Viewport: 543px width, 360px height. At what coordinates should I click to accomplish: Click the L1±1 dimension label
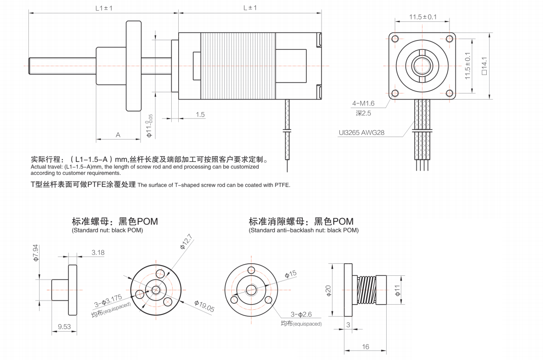tap(104, 7)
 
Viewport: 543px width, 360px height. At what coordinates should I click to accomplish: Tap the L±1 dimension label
tap(250, 7)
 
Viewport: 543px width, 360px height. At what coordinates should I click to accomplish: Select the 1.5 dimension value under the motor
tap(200, 114)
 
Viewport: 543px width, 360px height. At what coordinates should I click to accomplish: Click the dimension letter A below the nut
tap(118, 135)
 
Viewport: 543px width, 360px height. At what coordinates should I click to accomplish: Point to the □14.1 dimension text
tap(484, 66)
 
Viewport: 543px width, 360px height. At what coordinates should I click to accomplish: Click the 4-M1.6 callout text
tap(363, 103)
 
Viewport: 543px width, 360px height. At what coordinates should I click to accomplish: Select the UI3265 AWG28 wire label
tap(362, 132)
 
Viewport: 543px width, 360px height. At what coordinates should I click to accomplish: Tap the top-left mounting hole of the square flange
tap(395, 39)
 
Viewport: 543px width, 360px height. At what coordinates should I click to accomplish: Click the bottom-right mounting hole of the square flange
tap(449, 93)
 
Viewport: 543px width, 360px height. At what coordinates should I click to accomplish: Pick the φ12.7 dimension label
tap(186, 241)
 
